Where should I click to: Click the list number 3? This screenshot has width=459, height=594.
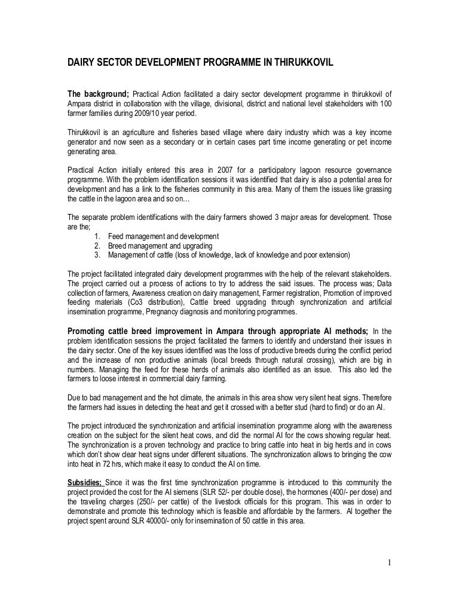click(97, 255)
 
